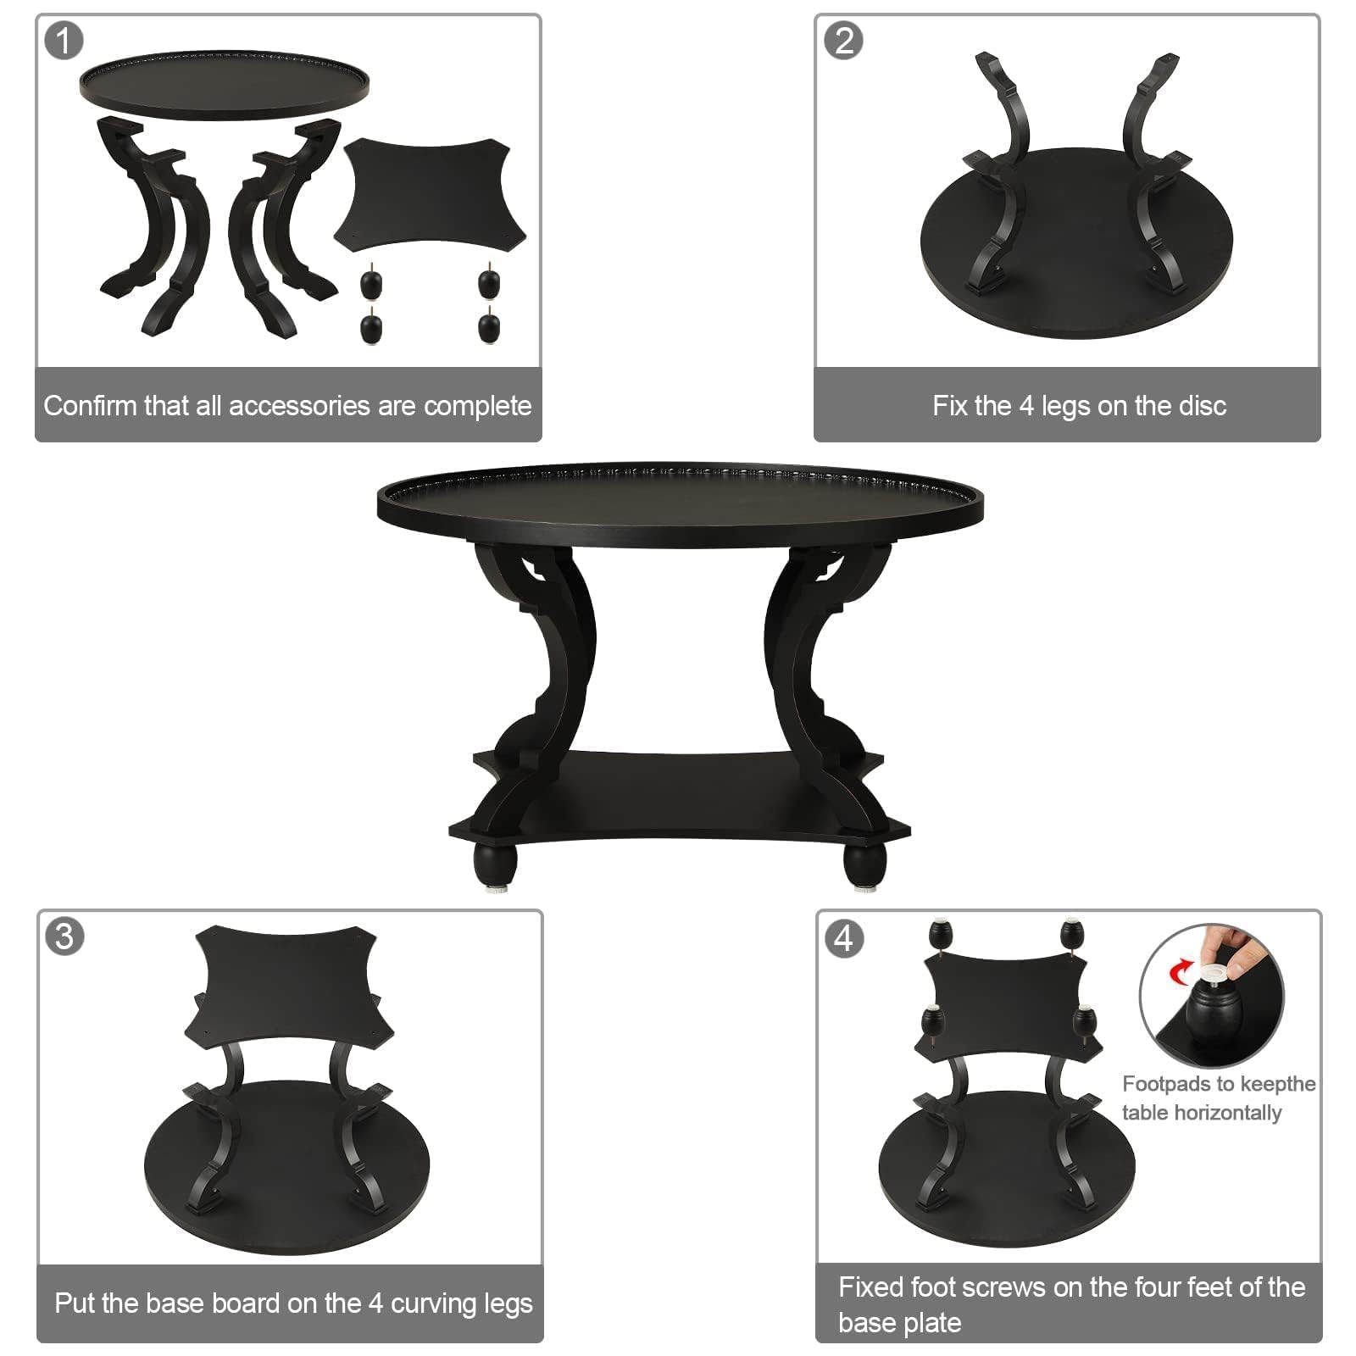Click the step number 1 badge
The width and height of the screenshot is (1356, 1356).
coord(64,40)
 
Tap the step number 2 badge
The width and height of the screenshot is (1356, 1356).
coord(843,40)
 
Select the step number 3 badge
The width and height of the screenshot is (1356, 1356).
coord(64,936)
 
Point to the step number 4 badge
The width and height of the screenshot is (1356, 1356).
coord(844,938)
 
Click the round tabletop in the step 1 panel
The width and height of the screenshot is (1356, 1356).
coord(225,84)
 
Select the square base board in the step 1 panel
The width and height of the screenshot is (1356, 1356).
coord(431,195)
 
